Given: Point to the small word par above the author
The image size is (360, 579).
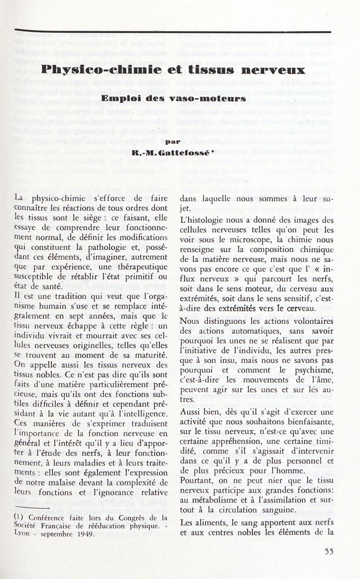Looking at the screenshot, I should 172,141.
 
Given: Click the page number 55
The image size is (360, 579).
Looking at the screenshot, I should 329,552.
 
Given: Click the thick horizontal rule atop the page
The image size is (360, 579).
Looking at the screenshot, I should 173,31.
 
